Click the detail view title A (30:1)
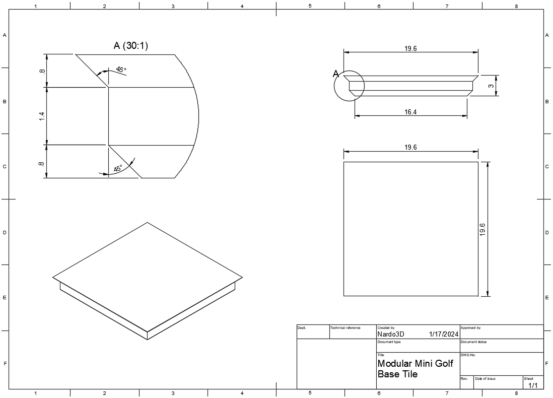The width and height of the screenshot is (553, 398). click(x=130, y=45)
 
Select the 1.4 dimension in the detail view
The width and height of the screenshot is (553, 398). click(x=42, y=116)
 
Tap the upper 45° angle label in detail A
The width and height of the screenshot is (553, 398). click(x=120, y=70)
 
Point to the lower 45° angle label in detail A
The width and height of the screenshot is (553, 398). click(x=118, y=168)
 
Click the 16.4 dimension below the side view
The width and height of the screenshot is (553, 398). click(x=410, y=112)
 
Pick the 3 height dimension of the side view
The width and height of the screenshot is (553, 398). click(x=491, y=85)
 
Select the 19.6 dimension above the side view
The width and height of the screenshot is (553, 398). click(x=410, y=48)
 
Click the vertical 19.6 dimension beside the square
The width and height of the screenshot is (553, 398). click(x=482, y=229)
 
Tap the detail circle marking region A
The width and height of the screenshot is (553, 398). click(x=334, y=86)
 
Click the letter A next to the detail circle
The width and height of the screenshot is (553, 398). click(x=336, y=74)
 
